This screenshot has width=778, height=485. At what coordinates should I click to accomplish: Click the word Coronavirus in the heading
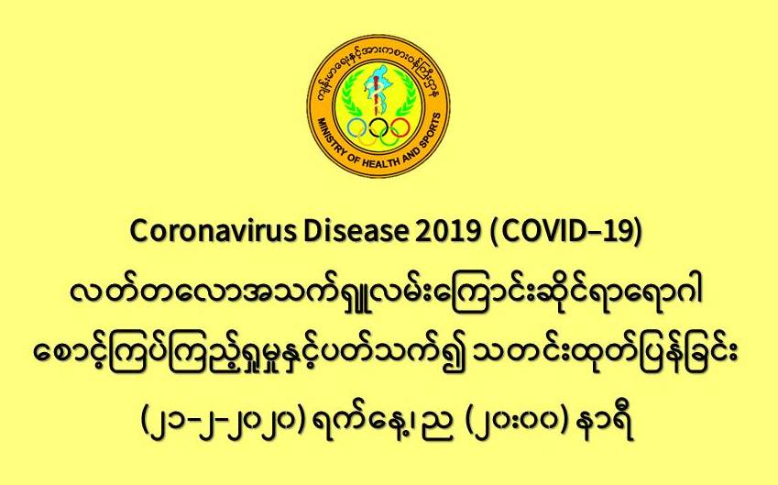click(x=213, y=231)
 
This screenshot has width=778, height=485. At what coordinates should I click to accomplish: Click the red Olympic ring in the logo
click(x=399, y=128)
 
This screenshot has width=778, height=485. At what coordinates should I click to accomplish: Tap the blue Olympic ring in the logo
click(x=357, y=128)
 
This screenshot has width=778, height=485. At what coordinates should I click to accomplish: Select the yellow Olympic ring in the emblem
click(x=367, y=137)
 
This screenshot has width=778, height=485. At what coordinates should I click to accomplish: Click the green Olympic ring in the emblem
click(x=389, y=137)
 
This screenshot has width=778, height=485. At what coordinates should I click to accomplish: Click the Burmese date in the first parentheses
click(x=223, y=424)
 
